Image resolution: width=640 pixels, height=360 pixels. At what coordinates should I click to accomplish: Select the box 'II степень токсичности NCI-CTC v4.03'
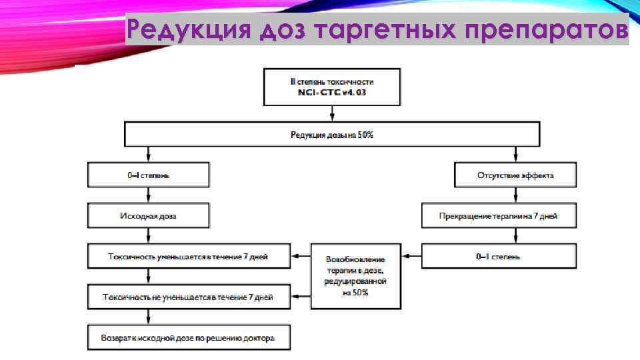coord(331,86)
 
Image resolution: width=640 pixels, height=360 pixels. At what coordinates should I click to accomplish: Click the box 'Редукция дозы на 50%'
coord(331,135)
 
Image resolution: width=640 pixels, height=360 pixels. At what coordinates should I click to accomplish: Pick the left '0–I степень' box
coord(149,175)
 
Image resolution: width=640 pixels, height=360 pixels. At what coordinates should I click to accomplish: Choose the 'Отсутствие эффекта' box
coord(515,175)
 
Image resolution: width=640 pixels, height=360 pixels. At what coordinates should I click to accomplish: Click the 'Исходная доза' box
coord(149,216)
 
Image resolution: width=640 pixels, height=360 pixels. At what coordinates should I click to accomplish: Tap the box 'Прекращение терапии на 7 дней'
coord(498,216)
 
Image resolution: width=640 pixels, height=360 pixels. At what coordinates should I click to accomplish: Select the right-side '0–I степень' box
coord(498,256)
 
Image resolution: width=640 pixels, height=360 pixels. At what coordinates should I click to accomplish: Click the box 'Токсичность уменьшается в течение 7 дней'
coord(189,256)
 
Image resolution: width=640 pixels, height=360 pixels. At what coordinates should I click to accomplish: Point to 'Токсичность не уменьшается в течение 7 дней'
coord(189,297)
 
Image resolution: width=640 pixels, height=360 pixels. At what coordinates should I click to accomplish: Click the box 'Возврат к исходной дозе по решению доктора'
coord(189,337)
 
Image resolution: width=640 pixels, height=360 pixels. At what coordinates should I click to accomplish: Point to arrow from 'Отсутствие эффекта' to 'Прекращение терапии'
coord(515,195)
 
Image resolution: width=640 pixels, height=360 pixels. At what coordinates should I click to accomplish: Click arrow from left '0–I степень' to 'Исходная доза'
coord(149,195)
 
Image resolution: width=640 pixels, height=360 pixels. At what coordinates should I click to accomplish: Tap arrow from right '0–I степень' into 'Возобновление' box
coord(411,256)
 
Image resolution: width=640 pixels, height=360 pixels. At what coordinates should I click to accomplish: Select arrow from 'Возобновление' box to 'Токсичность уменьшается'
coord(301,256)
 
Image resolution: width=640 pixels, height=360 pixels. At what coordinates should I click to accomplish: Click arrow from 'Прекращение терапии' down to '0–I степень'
coord(515,236)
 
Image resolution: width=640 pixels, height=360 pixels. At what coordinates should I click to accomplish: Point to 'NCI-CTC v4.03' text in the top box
coord(331,92)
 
